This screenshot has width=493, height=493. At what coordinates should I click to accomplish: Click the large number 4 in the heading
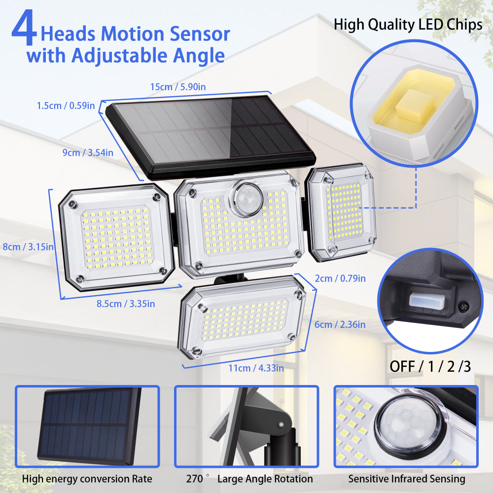pos(24,31)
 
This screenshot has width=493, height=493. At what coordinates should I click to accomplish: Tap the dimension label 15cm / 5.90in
pos(178,87)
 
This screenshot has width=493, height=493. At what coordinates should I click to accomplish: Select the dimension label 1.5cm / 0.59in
pos(66,106)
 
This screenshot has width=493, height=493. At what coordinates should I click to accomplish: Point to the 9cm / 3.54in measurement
pos(88,153)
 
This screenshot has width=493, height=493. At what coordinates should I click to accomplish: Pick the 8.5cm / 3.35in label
pos(125,304)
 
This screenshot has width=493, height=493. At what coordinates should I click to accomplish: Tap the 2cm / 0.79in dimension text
pos(340,279)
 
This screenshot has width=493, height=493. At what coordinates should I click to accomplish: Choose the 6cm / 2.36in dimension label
pos(340,324)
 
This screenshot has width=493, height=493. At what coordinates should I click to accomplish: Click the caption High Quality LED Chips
pos(408,25)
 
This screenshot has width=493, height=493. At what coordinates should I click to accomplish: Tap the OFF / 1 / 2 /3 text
pos(430,366)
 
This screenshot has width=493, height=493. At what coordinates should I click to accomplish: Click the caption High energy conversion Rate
pos(87,479)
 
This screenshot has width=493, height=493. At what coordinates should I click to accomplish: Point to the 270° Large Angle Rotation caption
pos(249,479)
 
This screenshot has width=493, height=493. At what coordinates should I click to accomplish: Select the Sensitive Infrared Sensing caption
pos(407,479)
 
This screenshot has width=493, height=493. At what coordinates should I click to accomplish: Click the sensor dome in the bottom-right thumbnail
pos(408,423)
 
